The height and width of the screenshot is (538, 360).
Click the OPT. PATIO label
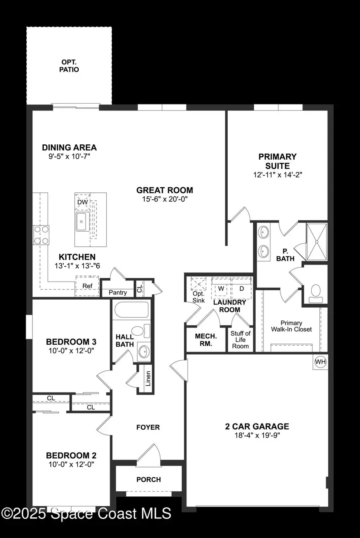(70, 66)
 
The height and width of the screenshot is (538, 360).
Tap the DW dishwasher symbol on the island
(82, 202)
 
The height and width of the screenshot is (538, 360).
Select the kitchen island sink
(82, 222)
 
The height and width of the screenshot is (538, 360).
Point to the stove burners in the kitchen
(41, 235)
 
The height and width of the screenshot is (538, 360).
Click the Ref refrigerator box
(87, 286)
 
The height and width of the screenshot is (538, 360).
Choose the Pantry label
(118, 292)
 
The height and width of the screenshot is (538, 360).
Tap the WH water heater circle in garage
(320, 362)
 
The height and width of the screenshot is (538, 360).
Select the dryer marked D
(242, 289)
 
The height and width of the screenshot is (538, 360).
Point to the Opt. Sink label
(198, 297)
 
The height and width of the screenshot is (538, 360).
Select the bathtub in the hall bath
(131, 310)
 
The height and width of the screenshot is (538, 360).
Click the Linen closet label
(148, 378)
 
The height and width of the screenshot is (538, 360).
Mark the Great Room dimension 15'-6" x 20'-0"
(164, 199)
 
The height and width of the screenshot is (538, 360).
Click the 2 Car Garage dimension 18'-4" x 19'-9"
(257, 436)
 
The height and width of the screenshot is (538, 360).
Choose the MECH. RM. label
(206, 340)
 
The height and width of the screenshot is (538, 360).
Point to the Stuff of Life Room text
(240, 340)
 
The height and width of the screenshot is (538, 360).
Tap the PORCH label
(148, 479)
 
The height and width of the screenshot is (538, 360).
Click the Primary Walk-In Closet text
(291, 326)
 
